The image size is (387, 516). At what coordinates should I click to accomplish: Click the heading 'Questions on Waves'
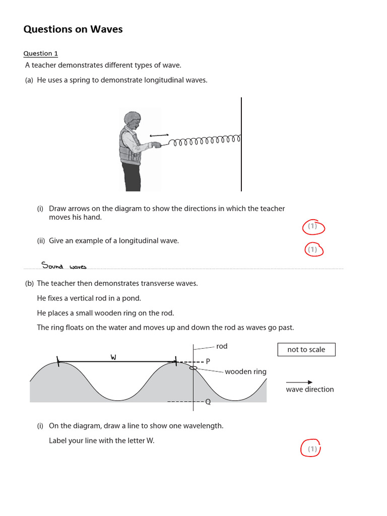coord(73,29)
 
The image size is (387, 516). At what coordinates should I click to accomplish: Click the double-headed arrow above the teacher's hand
coord(159,135)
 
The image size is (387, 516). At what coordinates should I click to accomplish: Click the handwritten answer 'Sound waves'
coord(64,265)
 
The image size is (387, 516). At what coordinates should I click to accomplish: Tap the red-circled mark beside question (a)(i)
coord(313,227)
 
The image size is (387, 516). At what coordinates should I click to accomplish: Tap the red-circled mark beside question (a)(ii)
coord(313,249)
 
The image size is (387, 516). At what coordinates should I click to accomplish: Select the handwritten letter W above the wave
coord(113,357)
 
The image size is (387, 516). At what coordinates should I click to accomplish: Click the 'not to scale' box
coord(306,350)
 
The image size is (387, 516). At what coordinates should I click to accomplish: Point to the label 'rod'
coord(222,346)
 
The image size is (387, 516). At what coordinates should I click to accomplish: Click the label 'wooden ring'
coord(245,372)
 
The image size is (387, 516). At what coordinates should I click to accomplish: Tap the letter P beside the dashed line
coord(208,362)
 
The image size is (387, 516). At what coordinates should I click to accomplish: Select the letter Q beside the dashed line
coord(208,402)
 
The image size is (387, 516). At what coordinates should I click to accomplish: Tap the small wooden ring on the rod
coord(193,368)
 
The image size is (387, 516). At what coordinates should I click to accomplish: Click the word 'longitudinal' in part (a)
coord(151,80)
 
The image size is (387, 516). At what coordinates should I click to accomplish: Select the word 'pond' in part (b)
coord(133,298)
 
